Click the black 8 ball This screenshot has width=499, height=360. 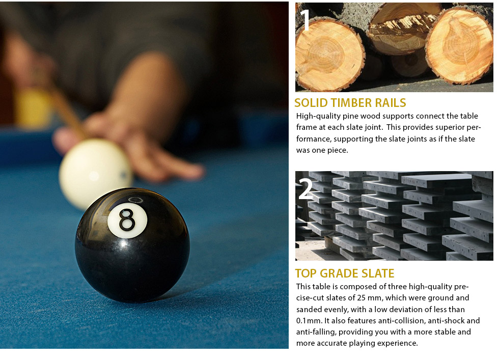tap(132, 245)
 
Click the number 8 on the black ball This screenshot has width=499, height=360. tap(127, 219)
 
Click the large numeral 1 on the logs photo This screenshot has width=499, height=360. tap(305, 20)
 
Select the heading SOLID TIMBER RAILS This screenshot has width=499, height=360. tap(350, 103)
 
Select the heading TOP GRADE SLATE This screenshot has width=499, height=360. tap(344, 273)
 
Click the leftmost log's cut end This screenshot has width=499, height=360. tap(329, 55)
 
